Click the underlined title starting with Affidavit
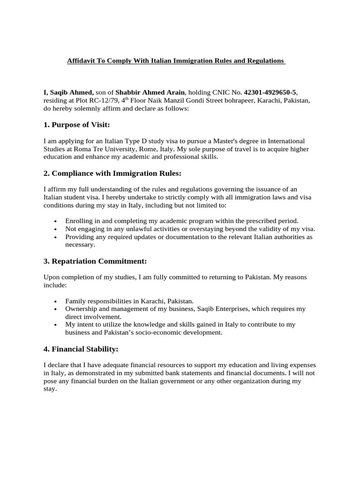click(176, 61)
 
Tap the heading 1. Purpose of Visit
click(76, 124)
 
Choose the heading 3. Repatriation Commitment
click(95, 261)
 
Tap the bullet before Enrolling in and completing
click(56, 221)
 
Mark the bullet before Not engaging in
click(56, 229)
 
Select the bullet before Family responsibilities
click(56, 301)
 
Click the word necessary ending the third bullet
click(80, 244)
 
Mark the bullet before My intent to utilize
click(56, 325)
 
